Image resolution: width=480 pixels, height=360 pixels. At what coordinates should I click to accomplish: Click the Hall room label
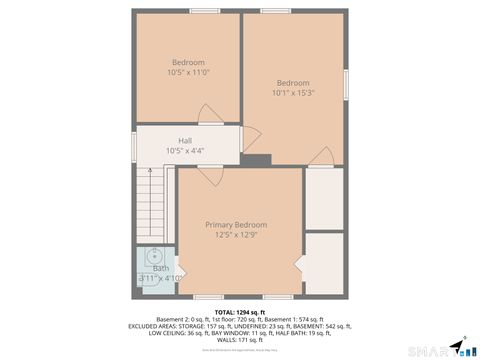[x=185, y=140]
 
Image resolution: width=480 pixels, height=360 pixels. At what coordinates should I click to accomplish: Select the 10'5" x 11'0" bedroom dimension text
[x=188, y=72]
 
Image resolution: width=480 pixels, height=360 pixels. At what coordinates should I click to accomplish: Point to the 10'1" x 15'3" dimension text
[x=293, y=93]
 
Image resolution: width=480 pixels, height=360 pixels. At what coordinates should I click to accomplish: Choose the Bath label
[x=160, y=268]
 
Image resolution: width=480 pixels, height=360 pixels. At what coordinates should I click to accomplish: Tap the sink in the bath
[x=155, y=256]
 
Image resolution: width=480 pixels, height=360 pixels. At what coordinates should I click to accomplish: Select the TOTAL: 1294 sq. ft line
[x=239, y=313]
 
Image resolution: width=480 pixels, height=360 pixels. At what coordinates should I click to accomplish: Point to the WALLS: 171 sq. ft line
[x=239, y=341]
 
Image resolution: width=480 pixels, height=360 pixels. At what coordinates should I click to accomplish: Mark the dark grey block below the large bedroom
[x=257, y=160]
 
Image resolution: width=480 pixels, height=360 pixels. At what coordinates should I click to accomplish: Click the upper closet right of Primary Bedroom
[x=324, y=198]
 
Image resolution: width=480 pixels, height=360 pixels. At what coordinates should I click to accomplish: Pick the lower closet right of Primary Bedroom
[x=324, y=263]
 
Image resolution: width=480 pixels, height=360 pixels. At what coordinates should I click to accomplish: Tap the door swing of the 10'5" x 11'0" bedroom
[x=249, y=138]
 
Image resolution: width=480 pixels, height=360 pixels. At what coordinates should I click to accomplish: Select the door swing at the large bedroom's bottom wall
[x=320, y=157]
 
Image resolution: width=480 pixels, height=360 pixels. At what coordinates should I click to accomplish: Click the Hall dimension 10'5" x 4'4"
[x=185, y=150]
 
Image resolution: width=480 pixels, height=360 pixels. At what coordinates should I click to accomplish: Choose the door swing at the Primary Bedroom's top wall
[x=210, y=174]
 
